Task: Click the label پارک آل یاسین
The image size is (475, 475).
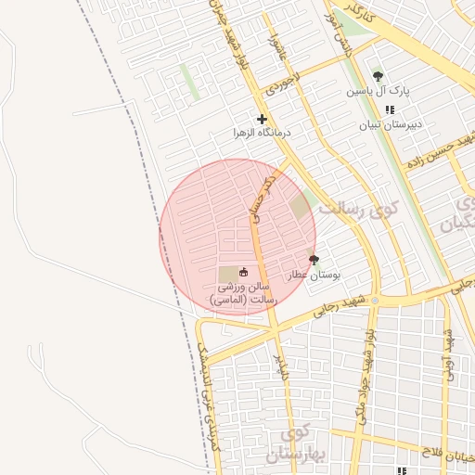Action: tap(378, 91)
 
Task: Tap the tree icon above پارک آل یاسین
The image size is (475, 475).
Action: tap(378, 75)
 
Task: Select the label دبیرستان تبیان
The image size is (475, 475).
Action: tap(391, 123)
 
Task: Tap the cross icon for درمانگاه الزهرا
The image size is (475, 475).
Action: tap(262, 119)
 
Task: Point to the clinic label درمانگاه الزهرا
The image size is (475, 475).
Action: tap(262, 134)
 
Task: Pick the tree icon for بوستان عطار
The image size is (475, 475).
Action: tap(313, 261)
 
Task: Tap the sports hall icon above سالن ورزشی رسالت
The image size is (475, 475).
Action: tap(243, 272)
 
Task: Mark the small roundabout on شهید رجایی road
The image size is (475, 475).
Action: tap(375, 301)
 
